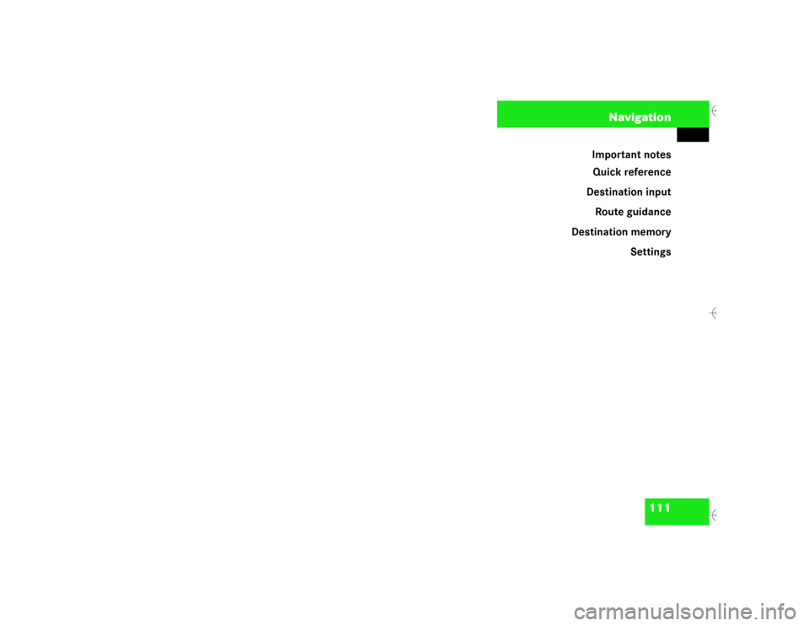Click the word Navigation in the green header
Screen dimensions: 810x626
coord(640,117)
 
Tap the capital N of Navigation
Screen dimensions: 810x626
coord(613,117)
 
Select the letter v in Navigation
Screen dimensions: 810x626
coord(628,117)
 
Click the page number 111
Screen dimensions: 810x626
coord(660,507)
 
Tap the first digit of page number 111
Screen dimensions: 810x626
coord(653,507)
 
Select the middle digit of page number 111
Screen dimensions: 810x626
coord(660,507)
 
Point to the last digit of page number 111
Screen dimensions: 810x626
coord(667,507)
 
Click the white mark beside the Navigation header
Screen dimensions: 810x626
coord(714,111)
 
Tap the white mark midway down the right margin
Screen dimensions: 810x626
coord(714,313)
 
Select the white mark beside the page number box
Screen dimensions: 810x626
coord(714,515)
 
